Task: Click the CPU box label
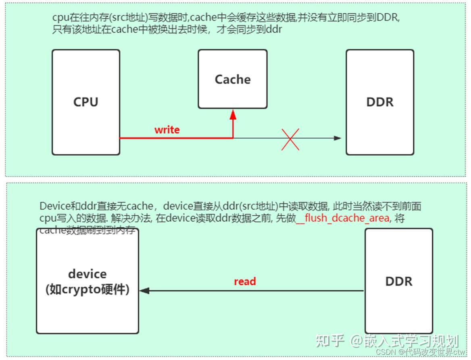click(x=85, y=102)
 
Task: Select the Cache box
click(x=232, y=79)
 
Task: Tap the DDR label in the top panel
click(x=379, y=102)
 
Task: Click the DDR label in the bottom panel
click(x=398, y=281)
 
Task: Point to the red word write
click(x=167, y=130)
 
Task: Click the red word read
click(x=245, y=281)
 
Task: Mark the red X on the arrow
click(x=290, y=139)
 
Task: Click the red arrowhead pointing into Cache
click(x=233, y=114)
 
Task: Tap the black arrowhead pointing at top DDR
click(x=338, y=138)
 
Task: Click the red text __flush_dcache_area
click(x=342, y=218)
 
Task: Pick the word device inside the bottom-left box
click(x=87, y=274)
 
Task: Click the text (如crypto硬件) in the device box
click(x=87, y=289)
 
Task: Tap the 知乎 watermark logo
click(x=330, y=341)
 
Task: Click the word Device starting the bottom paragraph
click(x=52, y=206)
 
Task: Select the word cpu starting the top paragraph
click(x=59, y=18)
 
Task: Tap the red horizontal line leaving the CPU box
click(x=176, y=138)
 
